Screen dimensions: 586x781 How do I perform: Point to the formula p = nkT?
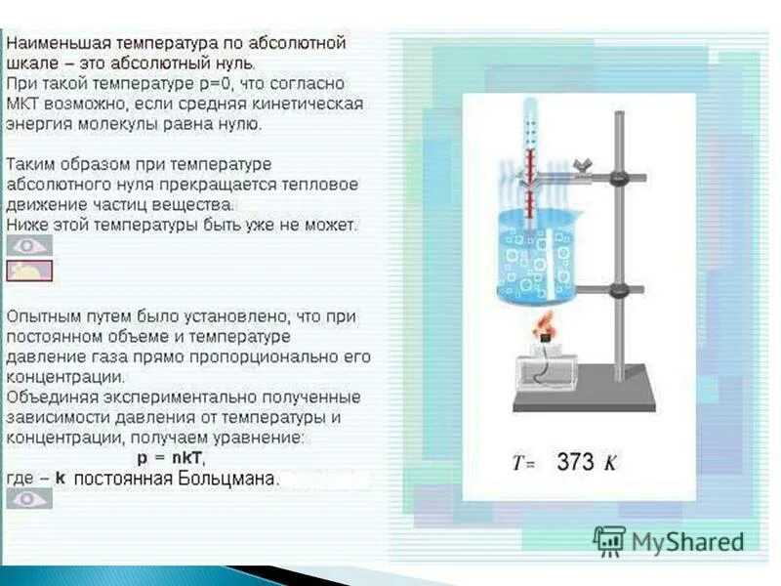click(172, 458)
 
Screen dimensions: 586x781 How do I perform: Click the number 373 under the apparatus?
click(575, 462)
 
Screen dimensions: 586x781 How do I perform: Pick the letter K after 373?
click(610, 463)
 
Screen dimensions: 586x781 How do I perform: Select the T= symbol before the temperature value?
click(524, 464)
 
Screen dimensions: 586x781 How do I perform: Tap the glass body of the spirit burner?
click(547, 370)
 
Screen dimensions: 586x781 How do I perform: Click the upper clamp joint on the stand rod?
click(619, 179)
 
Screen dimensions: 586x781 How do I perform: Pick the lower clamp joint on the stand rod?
click(619, 290)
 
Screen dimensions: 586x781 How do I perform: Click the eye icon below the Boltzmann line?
click(29, 499)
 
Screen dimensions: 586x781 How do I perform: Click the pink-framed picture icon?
click(29, 272)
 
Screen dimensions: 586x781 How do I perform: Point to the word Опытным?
click(43, 317)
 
